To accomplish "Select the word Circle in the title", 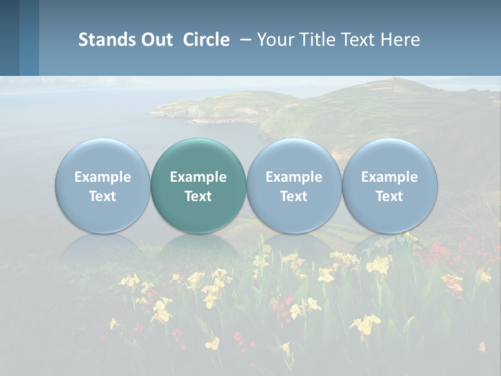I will click(x=206, y=40).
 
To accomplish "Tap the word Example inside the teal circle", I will click(x=198, y=177).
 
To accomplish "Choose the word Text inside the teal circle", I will click(x=198, y=196).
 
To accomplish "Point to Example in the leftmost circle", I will click(x=103, y=177).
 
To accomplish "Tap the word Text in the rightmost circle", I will click(x=389, y=196).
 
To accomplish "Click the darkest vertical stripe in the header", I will click(x=9, y=38).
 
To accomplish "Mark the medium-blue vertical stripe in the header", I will click(x=29, y=38).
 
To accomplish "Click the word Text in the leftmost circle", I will click(x=103, y=196).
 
